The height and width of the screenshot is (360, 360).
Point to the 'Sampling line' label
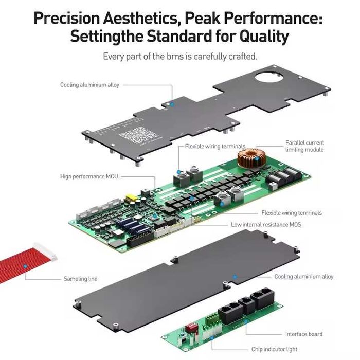click(80, 279)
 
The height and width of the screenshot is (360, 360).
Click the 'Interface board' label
click(304, 334)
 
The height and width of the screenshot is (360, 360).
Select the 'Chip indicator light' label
click(274, 349)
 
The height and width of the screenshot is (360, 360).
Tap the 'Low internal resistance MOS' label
click(266, 225)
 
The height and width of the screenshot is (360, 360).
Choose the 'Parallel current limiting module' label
click(304, 146)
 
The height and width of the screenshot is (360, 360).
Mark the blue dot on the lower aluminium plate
click(235, 276)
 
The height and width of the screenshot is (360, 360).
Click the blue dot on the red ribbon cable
click(23, 266)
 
